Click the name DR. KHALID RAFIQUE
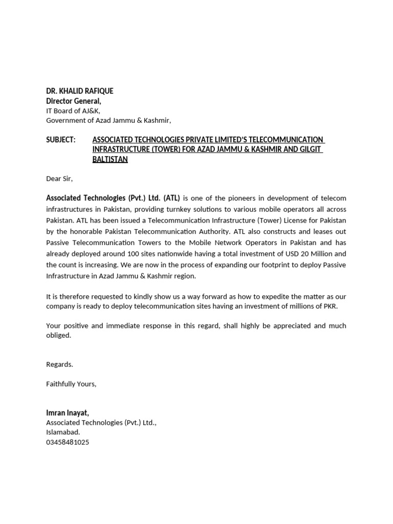click(x=79, y=91)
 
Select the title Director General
click(x=74, y=101)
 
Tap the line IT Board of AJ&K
click(x=73, y=111)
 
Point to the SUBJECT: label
click(x=60, y=140)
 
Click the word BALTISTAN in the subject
click(x=110, y=159)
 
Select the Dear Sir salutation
click(x=59, y=179)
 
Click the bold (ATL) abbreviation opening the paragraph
click(x=171, y=198)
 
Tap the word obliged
click(x=58, y=335)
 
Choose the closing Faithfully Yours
click(x=71, y=384)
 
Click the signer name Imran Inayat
click(x=68, y=412)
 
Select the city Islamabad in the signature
click(x=63, y=432)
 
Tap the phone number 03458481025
click(x=68, y=442)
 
